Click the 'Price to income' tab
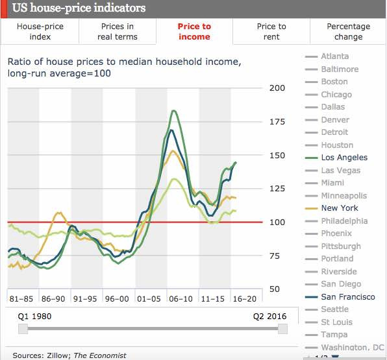[x=194, y=31]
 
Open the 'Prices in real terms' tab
[x=118, y=31]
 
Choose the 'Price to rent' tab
[x=271, y=31]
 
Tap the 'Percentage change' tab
[x=348, y=31]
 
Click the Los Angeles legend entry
[x=343, y=158]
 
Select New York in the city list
[x=339, y=208]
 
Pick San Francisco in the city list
[x=347, y=297]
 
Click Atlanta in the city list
[x=334, y=56]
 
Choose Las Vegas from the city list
[x=340, y=170]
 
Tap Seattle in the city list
[x=334, y=309]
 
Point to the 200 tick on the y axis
[x=277, y=88]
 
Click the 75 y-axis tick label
[x=275, y=256]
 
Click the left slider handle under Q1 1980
[x=23, y=329]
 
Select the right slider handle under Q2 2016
[x=282, y=329]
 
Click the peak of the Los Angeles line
[x=174, y=111]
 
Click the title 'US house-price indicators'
[x=79, y=8]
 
